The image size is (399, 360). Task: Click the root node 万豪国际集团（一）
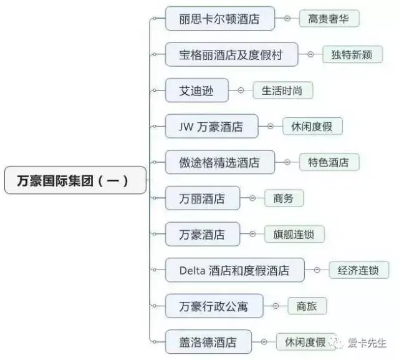click(x=75, y=180)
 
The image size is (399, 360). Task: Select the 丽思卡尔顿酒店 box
click(x=220, y=19)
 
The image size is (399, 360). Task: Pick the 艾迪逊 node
click(x=197, y=90)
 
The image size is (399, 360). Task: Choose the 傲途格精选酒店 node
click(x=220, y=162)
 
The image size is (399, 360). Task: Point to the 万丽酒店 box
click(x=202, y=198)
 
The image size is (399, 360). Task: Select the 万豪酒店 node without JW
click(x=202, y=235)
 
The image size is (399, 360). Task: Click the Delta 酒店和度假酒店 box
click(x=234, y=270)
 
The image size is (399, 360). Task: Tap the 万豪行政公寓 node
click(x=214, y=306)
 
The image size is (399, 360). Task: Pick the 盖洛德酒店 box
click(x=208, y=342)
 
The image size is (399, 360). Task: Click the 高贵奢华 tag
click(x=329, y=19)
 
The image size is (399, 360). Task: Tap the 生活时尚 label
click(x=282, y=90)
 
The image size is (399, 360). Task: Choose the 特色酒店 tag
click(x=329, y=162)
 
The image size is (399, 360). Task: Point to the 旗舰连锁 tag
click(x=294, y=235)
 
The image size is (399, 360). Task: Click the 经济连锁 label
click(x=358, y=270)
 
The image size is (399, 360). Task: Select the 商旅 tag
click(x=307, y=306)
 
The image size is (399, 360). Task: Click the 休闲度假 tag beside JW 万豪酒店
click(x=312, y=127)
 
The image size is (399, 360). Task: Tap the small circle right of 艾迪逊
click(x=240, y=90)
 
